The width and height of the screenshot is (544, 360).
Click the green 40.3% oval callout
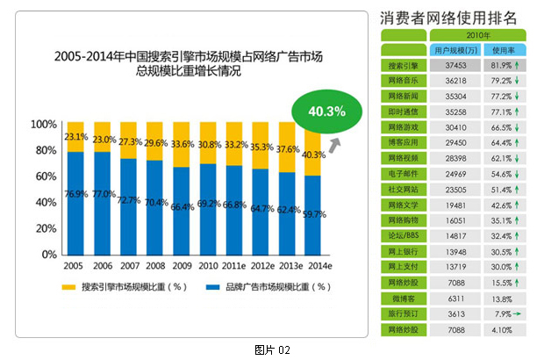(326, 112)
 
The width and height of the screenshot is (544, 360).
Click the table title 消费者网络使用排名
(447, 18)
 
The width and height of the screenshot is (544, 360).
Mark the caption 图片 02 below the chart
(271, 349)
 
